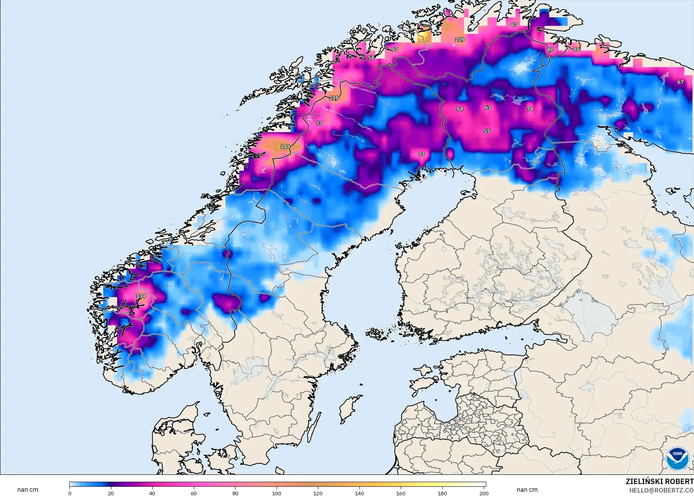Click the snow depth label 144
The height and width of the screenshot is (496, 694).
coord(285,146)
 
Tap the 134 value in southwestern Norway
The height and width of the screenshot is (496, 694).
coord(141,296)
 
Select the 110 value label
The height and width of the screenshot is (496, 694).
coord(334,98)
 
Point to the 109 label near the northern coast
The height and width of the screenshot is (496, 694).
coord(460,40)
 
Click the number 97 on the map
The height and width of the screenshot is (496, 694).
coord(394,49)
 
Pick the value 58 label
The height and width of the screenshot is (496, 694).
coord(371,57)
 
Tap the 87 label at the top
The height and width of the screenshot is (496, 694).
coord(514,25)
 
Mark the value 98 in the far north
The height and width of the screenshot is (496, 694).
coord(576,49)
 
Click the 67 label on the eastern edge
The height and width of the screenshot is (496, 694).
coord(681,82)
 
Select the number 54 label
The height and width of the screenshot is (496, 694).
coord(460,109)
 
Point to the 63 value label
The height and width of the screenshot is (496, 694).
coord(488,108)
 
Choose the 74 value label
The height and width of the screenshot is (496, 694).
coord(530,109)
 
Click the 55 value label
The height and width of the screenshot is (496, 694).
coord(487,131)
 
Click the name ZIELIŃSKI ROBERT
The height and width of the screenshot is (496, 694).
coord(659,481)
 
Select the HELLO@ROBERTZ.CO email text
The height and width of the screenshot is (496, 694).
coord(661,490)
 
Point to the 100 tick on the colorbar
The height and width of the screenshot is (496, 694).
coord(277,493)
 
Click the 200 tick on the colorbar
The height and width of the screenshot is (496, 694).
coord(484,493)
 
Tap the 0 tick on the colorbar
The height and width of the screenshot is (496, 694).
coord(70,493)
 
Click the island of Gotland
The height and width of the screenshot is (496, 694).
coord(349,409)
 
